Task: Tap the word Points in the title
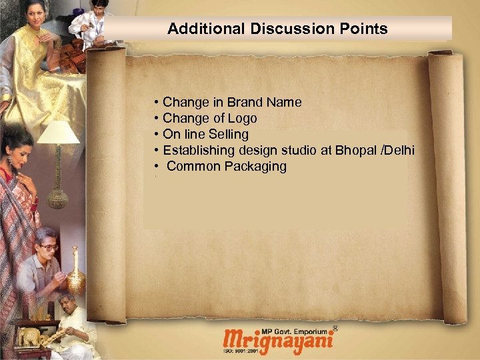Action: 366,29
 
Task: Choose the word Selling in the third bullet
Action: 229,135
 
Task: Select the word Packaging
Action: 255,167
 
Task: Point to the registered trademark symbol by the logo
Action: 335,328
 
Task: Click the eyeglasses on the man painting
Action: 49,247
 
